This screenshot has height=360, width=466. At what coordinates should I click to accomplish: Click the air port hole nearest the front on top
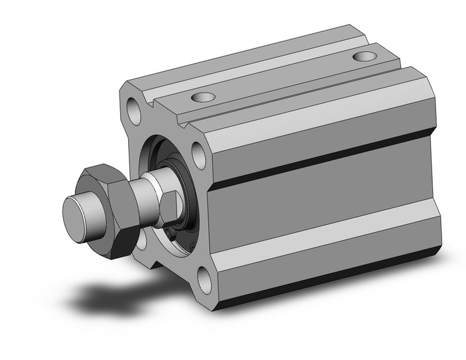coord(202,97)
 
